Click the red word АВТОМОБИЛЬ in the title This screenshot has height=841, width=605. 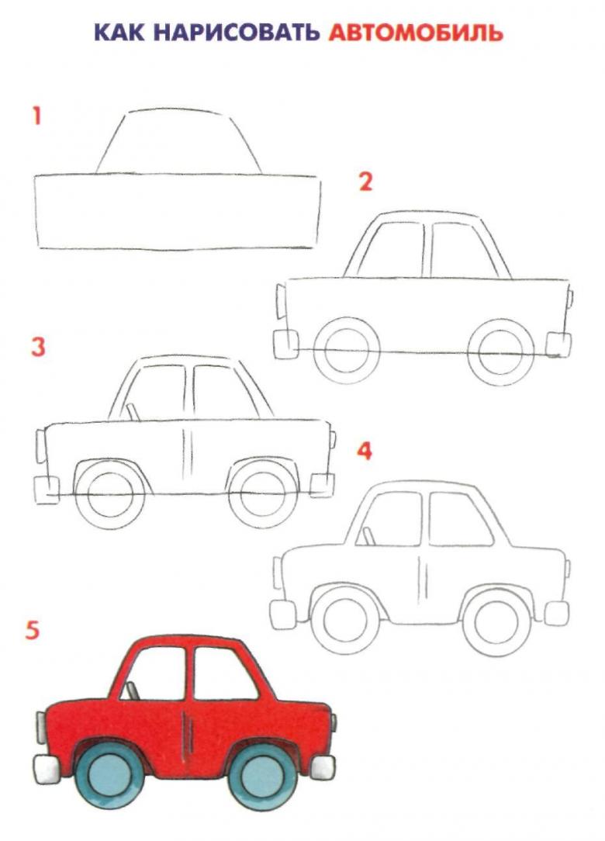coord(416,33)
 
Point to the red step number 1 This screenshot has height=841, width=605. coord(36,116)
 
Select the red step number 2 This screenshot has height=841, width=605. coord(365,182)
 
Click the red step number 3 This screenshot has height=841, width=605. coord(38,347)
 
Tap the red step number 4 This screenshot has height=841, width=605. coord(365,452)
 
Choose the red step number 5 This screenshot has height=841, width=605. coord(32,630)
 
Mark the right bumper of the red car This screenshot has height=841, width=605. coord(323,767)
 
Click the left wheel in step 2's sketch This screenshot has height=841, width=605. coord(347,351)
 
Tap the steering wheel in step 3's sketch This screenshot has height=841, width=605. coord(133,412)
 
